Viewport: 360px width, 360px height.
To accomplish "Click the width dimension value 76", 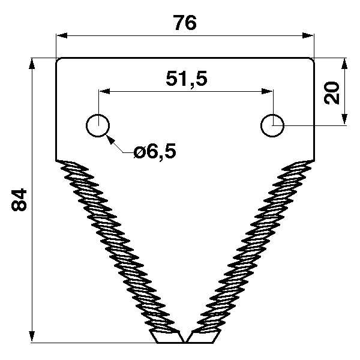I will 185,23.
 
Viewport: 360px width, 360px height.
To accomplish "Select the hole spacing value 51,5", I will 185,79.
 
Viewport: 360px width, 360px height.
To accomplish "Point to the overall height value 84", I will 20,200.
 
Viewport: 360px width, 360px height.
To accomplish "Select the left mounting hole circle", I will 97,126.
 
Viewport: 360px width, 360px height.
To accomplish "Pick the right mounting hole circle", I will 273,125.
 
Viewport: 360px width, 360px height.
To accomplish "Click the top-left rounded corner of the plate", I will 58,60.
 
